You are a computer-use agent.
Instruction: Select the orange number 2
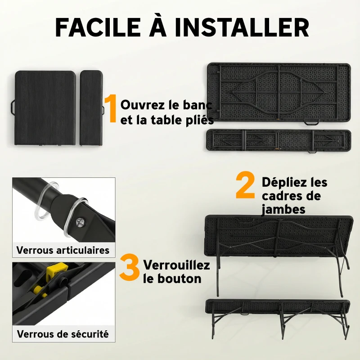pyautogui.click(x=245, y=187)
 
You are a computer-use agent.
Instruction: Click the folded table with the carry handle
pyautogui.click(x=45, y=108)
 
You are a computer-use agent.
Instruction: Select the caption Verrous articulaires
pyautogui.click(x=63, y=250)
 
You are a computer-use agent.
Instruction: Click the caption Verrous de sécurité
pyautogui.click(x=63, y=334)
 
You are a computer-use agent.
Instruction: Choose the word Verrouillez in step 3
pyautogui.click(x=176, y=265)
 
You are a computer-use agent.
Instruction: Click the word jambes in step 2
pyautogui.click(x=283, y=209)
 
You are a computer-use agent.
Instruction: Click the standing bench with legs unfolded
pyautogui.click(x=277, y=315)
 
